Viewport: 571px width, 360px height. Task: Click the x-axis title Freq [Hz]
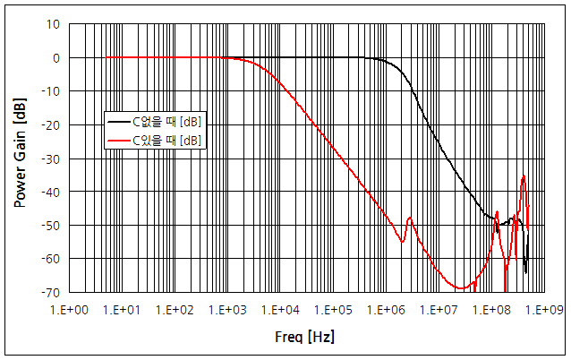pos(306,337)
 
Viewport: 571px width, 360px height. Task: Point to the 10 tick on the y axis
pos(54,24)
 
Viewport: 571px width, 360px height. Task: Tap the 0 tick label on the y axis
pos(56,57)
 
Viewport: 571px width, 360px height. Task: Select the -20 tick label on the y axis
pos(51,125)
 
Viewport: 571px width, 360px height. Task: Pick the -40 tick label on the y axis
pos(51,192)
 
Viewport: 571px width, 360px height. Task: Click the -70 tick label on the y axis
pos(51,292)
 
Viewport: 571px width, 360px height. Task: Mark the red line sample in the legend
pos(118,141)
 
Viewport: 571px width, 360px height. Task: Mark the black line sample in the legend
pos(118,120)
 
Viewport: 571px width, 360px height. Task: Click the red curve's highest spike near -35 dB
pos(524,176)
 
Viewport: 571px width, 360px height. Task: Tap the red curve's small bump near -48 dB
pos(410,218)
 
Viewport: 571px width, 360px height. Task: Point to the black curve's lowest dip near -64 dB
pos(525,272)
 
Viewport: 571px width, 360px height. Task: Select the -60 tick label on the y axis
pos(51,259)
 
